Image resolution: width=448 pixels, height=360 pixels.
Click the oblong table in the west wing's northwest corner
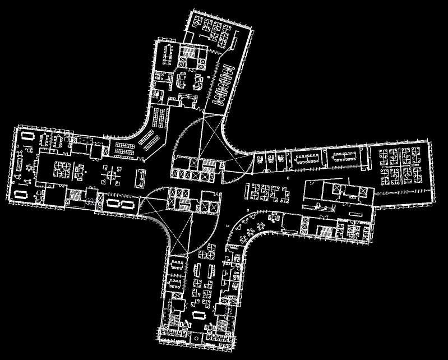27,137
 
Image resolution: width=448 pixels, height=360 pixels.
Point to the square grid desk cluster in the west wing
61,169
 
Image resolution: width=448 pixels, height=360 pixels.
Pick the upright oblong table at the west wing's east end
140,178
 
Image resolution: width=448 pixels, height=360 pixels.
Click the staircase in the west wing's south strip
74,196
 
